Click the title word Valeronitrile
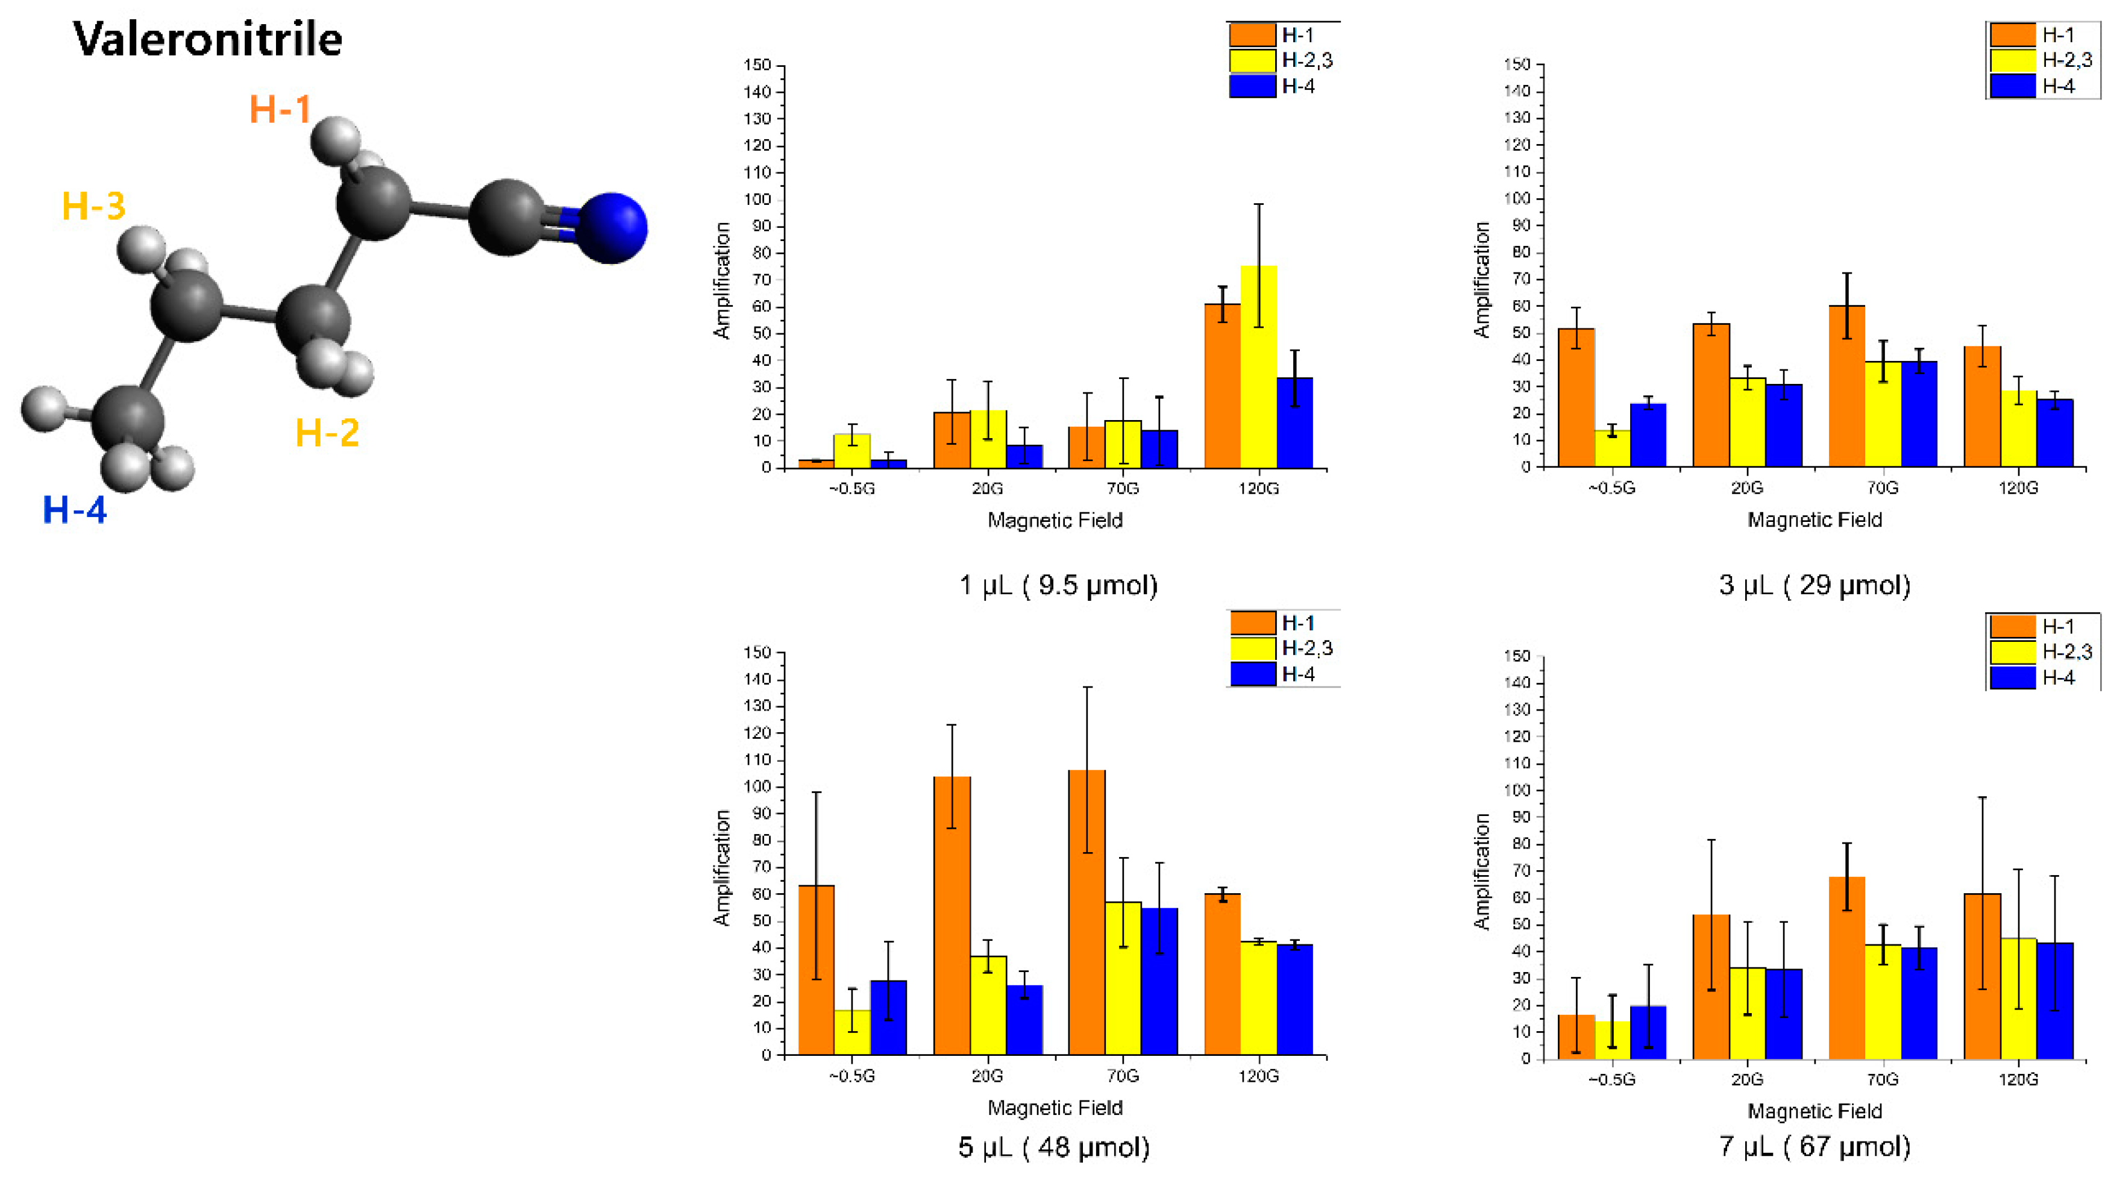pyautogui.click(x=208, y=39)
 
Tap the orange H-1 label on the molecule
pyautogui.click(x=280, y=109)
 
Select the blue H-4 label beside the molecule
pyautogui.click(x=75, y=510)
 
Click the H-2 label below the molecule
pyautogui.click(x=327, y=433)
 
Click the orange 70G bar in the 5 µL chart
pyautogui.click(x=1087, y=912)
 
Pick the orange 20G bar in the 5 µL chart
pyautogui.click(x=952, y=915)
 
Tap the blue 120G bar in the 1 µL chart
pyautogui.click(x=1294, y=422)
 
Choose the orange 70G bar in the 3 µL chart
pyautogui.click(x=1846, y=386)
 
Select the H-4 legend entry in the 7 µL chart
pyautogui.click(x=2057, y=677)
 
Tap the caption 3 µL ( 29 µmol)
pyautogui.click(x=1814, y=585)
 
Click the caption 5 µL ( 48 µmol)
pyautogui.click(x=1054, y=1147)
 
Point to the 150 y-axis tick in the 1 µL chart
pyautogui.click(x=757, y=65)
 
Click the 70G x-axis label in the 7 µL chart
pyautogui.click(x=1882, y=1079)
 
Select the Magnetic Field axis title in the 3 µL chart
pyautogui.click(x=1814, y=519)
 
